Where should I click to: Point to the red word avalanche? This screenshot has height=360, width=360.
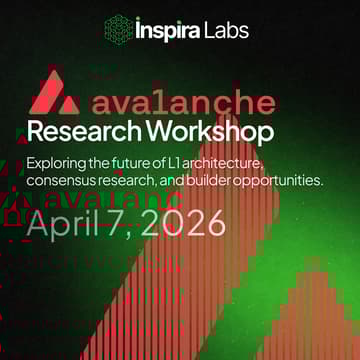[184, 103]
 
